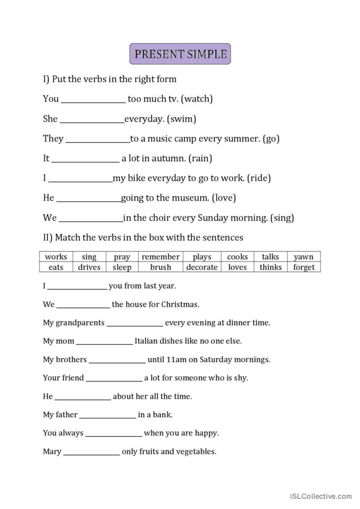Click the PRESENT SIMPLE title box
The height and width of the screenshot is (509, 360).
click(x=180, y=54)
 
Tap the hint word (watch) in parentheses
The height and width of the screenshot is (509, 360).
click(x=197, y=99)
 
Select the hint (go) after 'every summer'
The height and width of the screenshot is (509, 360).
click(x=271, y=139)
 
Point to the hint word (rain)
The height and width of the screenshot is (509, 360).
click(x=200, y=159)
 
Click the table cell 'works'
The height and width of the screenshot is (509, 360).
click(x=56, y=257)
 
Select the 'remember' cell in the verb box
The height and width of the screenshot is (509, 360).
click(x=161, y=257)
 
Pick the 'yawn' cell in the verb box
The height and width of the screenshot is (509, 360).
click(x=304, y=257)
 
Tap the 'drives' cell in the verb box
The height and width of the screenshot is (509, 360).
click(x=89, y=267)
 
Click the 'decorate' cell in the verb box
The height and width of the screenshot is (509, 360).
click(x=202, y=267)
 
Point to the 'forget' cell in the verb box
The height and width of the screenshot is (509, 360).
click(x=304, y=267)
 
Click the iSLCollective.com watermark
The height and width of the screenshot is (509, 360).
click(x=321, y=496)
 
